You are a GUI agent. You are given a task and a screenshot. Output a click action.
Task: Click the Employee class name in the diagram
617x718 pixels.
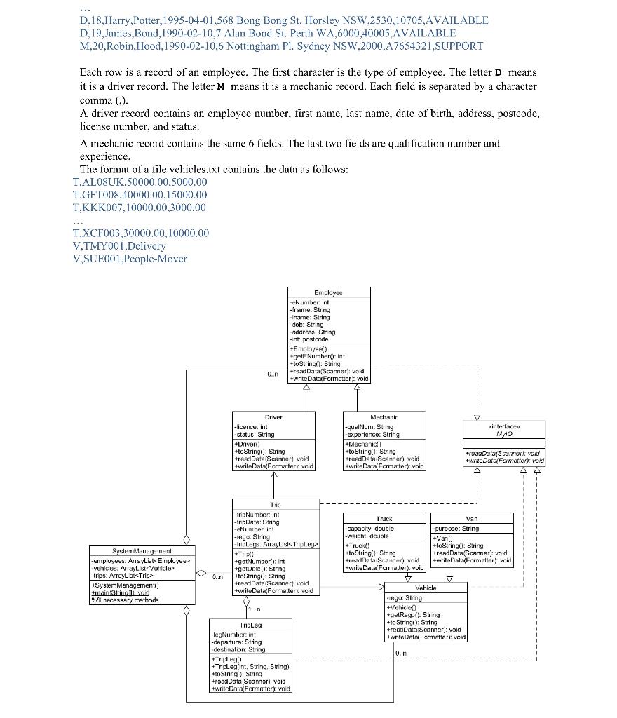tap(328, 292)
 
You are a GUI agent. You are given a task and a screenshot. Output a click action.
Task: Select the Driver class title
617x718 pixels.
tap(273, 416)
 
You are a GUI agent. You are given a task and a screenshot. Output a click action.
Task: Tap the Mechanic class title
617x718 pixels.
tap(384, 416)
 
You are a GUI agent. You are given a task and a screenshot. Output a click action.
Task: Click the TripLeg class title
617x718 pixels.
tap(250, 624)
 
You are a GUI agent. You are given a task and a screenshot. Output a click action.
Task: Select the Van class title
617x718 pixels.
tap(471, 518)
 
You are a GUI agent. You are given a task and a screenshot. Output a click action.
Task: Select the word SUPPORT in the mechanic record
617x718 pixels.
tap(459, 46)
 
